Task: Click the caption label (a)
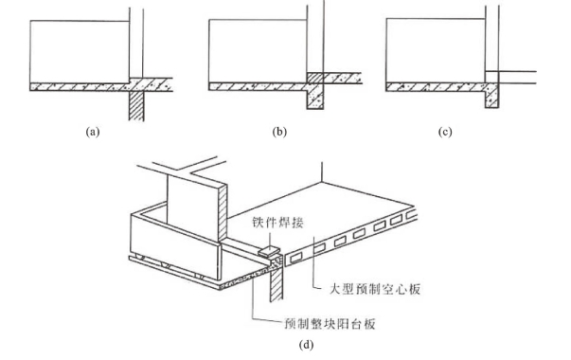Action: [93, 132]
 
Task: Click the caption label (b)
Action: [279, 132]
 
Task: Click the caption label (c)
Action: [445, 132]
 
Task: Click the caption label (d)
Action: [306, 344]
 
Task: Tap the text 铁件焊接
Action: [277, 223]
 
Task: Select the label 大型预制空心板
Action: [375, 289]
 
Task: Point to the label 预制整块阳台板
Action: [330, 324]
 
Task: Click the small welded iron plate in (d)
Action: [269, 251]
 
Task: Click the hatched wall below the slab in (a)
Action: [136, 106]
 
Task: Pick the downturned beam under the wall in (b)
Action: [315, 97]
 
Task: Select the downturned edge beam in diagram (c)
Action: [492, 96]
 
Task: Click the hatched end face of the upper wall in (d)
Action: [223, 212]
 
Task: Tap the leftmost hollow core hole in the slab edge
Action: [295, 258]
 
